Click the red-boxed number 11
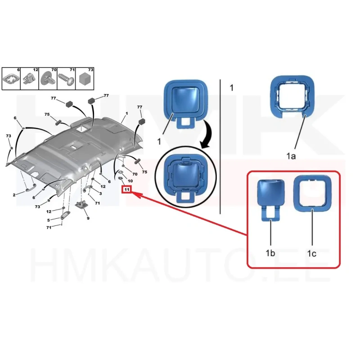[127, 189]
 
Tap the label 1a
[291, 156]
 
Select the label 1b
[270, 253]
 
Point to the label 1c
[312, 253]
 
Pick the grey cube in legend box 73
[85, 79]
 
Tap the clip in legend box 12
[29, 78]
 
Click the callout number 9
[88, 218]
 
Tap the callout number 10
[130, 181]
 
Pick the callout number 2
[14, 195]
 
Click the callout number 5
[49, 220]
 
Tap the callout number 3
[100, 193]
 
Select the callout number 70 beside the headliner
[135, 174]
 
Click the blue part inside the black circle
[185, 178]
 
